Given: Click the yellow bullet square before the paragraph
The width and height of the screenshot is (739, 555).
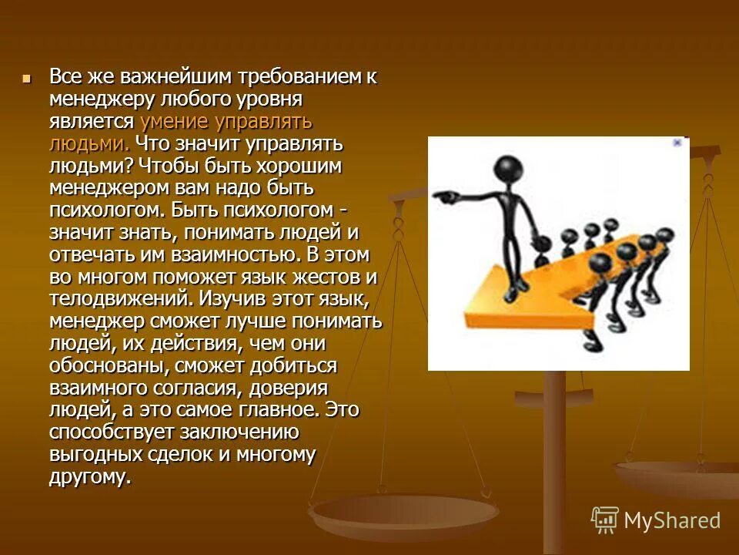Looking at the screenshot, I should click(28, 78).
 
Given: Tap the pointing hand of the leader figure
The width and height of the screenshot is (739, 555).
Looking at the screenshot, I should click(442, 195).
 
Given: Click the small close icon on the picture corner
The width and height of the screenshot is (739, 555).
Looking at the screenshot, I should click(677, 143).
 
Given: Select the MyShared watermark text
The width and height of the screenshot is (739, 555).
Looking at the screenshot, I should click(672, 520).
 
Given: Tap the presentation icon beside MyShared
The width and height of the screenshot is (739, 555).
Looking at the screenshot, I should click(605, 520).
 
